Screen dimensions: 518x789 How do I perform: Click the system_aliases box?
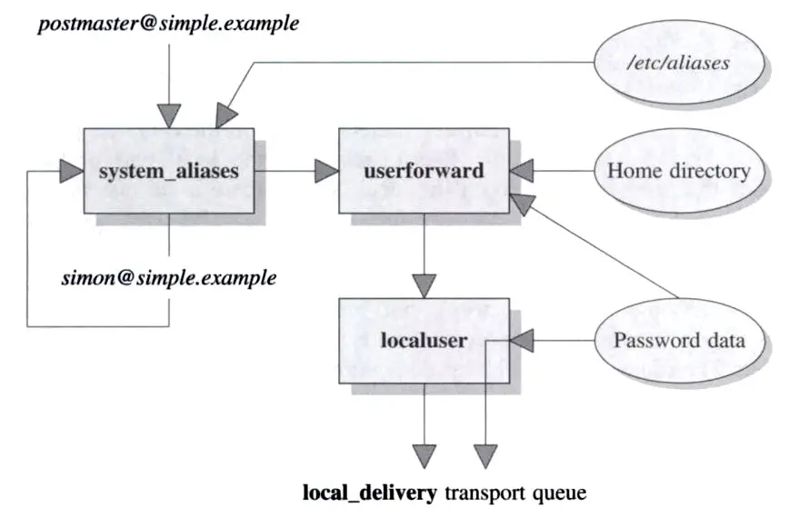[168, 171]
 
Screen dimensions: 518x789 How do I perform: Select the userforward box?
[423, 171]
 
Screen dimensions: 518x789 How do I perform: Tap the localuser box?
[423, 342]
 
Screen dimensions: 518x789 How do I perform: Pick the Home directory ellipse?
[678, 171]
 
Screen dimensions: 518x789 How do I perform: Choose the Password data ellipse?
[678, 342]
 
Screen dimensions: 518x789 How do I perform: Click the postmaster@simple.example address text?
[168, 22]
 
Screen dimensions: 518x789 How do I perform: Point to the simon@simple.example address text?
[169, 278]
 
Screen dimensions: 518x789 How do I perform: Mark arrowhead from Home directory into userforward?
[523, 171]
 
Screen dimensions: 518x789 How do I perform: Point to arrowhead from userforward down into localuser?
[424, 284]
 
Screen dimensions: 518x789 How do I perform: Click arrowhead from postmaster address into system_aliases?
[169, 115]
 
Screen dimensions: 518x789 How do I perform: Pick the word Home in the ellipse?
[629, 171]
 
